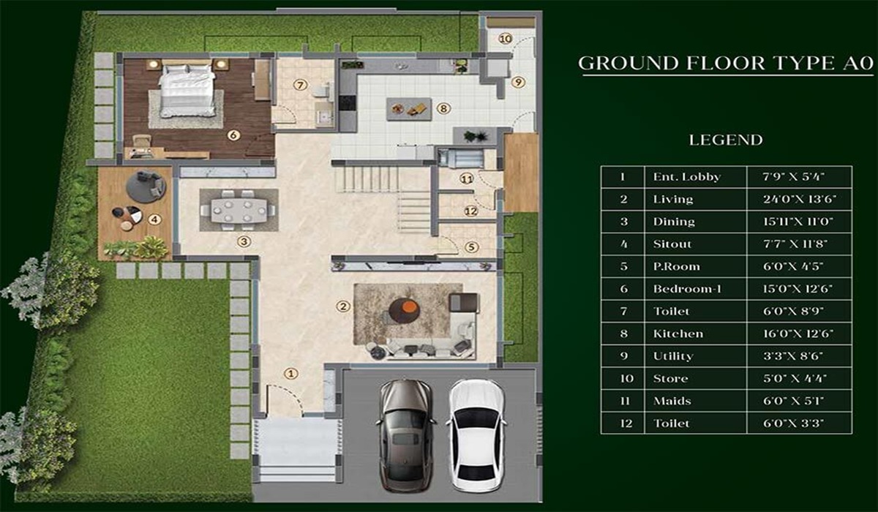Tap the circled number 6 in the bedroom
(x=233, y=135)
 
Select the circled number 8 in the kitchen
(x=443, y=109)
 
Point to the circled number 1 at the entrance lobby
(x=291, y=374)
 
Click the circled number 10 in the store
(x=504, y=38)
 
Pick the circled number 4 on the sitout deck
(x=154, y=218)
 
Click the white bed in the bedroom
(x=188, y=91)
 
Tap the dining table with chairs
(x=238, y=209)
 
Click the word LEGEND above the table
(x=726, y=140)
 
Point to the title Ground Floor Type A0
(x=726, y=63)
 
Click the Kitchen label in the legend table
(x=678, y=334)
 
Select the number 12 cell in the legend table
(x=623, y=423)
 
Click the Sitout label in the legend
(x=672, y=244)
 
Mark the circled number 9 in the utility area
(x=518, y=82)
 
